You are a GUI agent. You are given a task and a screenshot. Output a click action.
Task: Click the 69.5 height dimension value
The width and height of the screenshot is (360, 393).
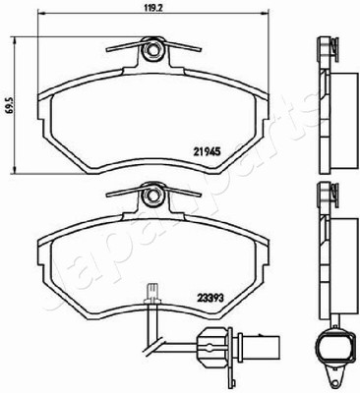tap(11, 105)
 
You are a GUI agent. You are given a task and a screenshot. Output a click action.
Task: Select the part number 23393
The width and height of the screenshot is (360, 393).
tap(210, 298)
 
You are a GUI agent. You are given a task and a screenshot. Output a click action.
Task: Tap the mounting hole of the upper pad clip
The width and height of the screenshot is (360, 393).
tap(151, 50)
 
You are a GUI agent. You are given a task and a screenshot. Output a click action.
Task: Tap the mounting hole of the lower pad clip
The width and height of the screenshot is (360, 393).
tap(151, 196)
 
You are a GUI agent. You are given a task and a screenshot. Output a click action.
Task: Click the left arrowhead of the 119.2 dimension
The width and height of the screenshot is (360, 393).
tap(42, 14)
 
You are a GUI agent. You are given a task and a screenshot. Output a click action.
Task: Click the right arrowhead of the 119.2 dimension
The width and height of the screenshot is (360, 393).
tap(265, 14)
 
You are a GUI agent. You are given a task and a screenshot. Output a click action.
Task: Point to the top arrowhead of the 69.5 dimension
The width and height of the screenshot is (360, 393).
tap(14, 40)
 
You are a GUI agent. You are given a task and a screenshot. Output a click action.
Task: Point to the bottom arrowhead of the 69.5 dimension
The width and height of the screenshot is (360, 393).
tap(14, 169)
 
